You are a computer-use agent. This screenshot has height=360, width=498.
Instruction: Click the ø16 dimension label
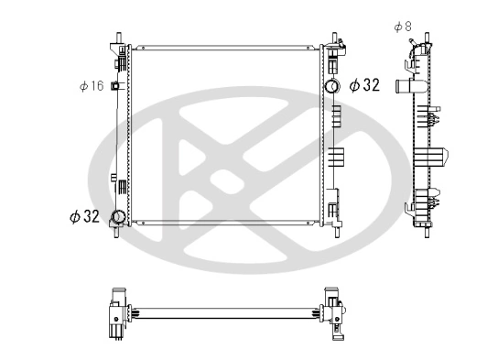point(91,86)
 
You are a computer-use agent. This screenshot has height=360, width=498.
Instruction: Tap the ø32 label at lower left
point(84,216)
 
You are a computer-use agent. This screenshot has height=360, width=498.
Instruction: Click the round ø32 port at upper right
point(332,87)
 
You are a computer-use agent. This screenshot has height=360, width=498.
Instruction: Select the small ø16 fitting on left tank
point(115,86)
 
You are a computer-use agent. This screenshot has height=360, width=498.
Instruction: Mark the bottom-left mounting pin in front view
point(117,232)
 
